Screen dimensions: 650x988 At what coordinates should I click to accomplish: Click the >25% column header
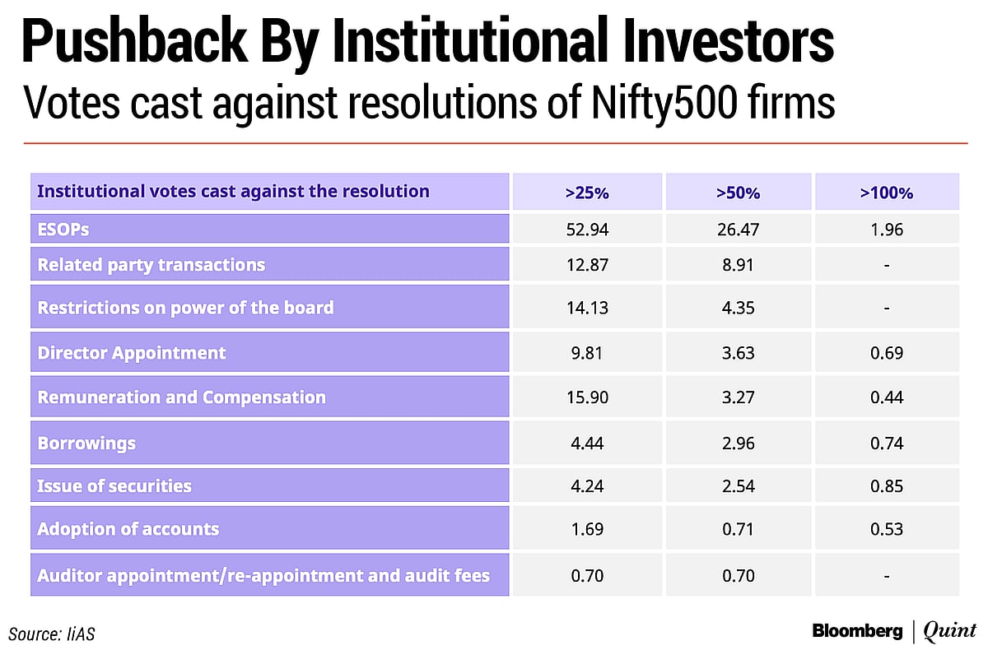pos(586,193)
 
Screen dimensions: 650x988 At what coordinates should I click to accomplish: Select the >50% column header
pos(738,193)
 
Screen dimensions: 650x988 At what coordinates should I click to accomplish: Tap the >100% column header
pos(887,193)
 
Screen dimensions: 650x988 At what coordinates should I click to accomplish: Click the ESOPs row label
pos(63,230)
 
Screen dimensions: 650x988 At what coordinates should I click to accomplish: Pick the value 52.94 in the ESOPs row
pos(586,230)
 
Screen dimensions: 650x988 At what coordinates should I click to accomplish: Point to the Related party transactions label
pos(151,265)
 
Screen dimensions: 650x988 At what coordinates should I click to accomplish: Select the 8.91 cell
pos(738,265)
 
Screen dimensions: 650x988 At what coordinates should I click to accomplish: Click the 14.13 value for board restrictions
pos(586,309)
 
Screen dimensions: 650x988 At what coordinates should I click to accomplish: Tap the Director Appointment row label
pos(132,353)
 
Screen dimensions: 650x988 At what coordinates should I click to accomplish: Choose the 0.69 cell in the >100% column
pos(887,353)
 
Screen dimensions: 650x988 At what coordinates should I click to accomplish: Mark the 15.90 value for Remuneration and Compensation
pos(586,397)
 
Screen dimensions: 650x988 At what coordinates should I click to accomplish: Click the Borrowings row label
pos(86,443)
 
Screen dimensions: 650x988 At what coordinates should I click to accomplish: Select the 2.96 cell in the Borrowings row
pos(738,443)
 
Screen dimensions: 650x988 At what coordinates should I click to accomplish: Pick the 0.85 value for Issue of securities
pos(887,485)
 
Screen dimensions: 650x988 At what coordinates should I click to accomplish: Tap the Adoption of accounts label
pos(128,529)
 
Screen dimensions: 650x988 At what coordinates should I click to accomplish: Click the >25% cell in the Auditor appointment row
pos(586,576)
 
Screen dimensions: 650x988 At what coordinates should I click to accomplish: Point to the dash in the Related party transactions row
pos(887,266)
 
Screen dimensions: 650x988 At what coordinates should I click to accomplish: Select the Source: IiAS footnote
pos(58,633)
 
